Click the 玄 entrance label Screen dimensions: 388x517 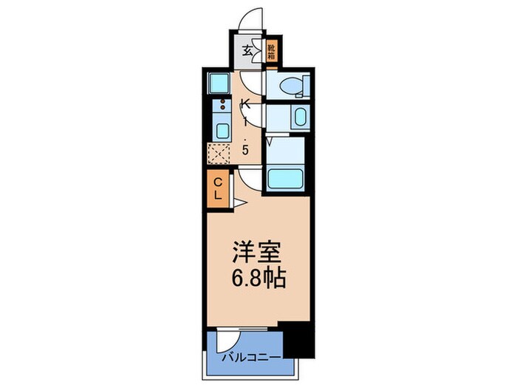coord(249,51)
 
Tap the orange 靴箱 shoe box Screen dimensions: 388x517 coord(272,50)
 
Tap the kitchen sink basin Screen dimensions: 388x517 coord(220,130)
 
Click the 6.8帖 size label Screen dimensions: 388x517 coord(258,279)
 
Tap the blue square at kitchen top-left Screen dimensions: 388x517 coord(219,82)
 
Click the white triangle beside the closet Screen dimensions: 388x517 coord(239,202)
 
